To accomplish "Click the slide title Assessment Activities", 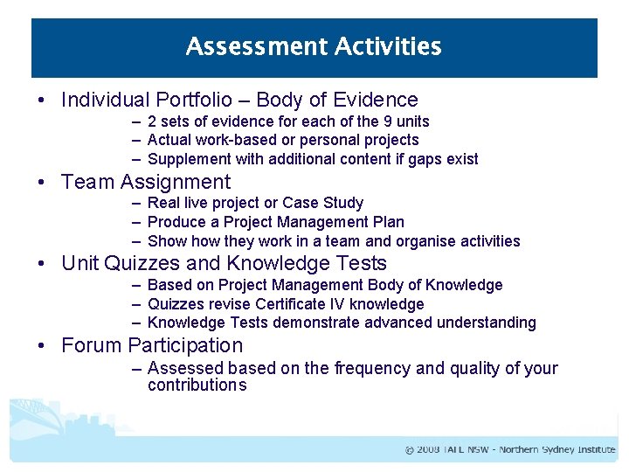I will click(314, 46).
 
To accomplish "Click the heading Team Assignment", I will click(146, 182).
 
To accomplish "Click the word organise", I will click(421, 241).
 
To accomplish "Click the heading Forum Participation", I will click(152, 345).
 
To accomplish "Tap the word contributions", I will click(197, 385).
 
